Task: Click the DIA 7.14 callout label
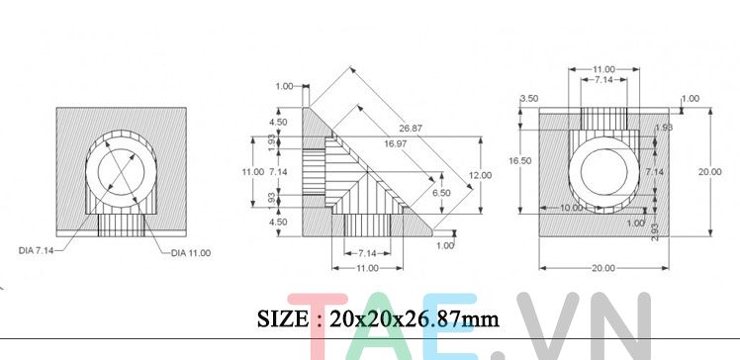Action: click(x=36, y=252)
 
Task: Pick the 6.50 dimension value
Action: click(x=441, y=193)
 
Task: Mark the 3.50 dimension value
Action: click(x=529, y=99)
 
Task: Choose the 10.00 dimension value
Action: click(x=571, y=209)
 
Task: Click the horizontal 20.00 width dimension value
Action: click(x=603, y=268)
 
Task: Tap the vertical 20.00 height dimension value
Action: click(x=709, y=171)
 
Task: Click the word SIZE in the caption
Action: click(x=283, y=318)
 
